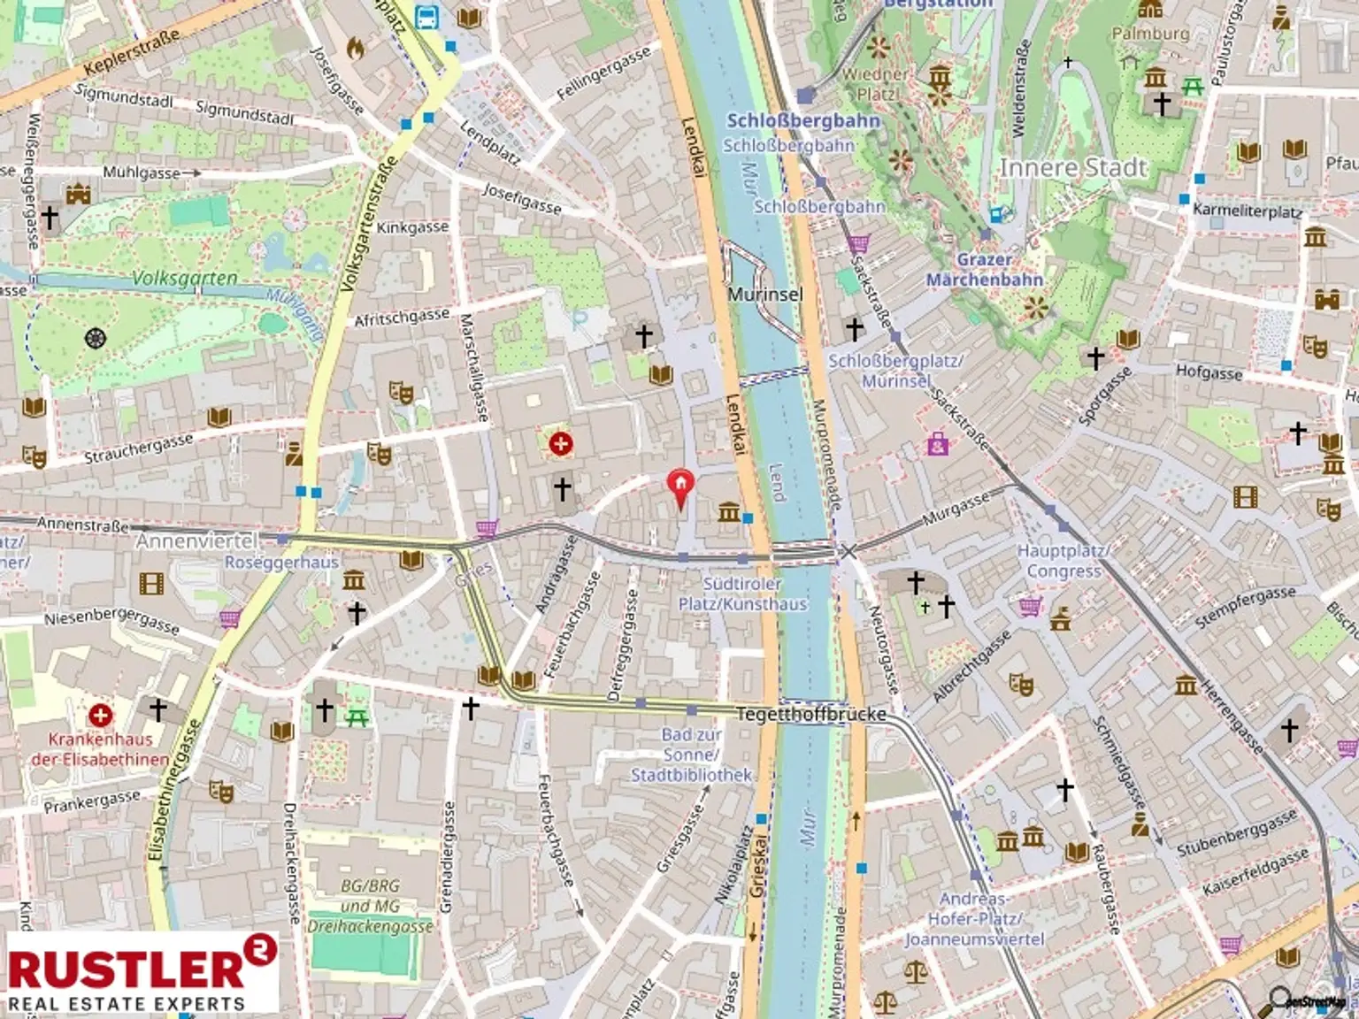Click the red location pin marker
click(679, 486)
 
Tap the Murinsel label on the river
click(765, 294)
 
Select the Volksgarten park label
click(185, 279)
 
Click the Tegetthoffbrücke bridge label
click(810, 714)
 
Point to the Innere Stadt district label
click(1072, 168)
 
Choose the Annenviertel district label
click(196, 540)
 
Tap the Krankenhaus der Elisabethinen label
click(100, 749)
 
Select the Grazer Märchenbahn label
click(985, 270)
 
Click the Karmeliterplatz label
click(1247, 211)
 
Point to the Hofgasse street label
click(1209, 372)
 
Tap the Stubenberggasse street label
click(1236, 832)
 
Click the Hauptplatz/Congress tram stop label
click(1063, 561)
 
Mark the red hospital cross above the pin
click(560, 443)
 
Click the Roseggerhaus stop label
click(281, 563)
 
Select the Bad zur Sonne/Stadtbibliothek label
click(691, 755)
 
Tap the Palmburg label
click(1150, 34)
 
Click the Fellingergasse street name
click(603, 73)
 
